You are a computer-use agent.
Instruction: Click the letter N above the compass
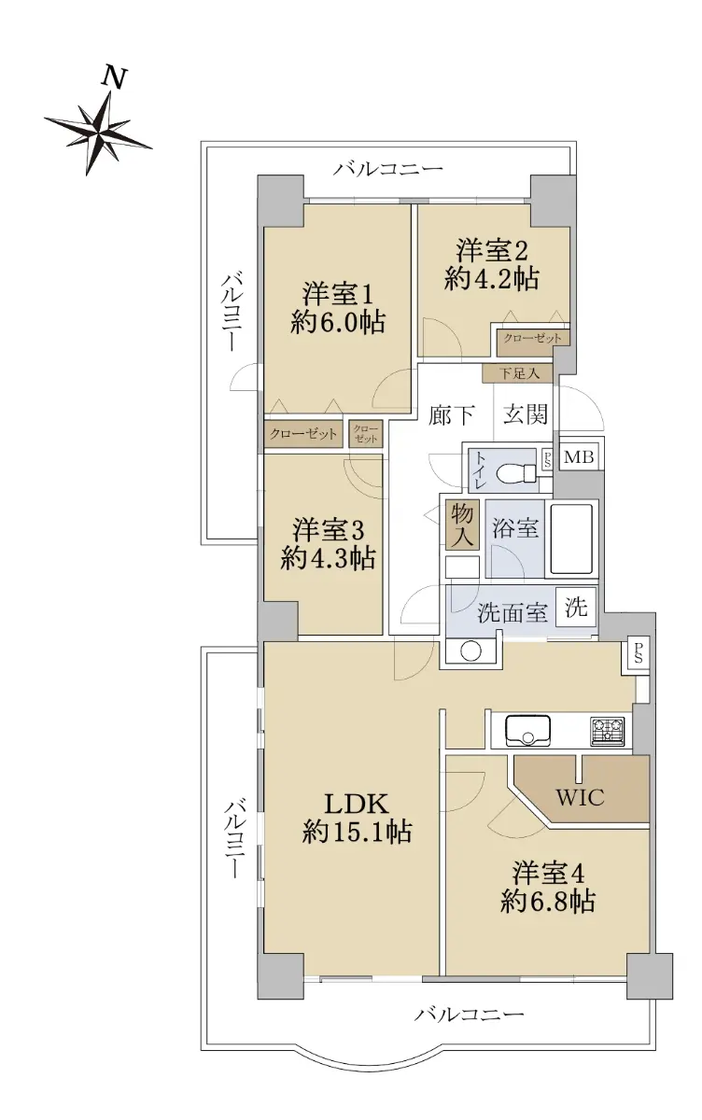(114, 78)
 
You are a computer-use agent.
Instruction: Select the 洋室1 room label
(338, 295)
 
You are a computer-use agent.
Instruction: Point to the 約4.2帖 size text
(491, 278)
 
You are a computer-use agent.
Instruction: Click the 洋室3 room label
(329, 530)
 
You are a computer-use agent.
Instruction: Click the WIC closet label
(580, 797)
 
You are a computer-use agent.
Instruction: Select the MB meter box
(579, 457)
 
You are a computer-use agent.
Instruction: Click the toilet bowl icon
(516, 471)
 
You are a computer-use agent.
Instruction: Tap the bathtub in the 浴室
(571, 539)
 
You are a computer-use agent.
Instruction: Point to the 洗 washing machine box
(576, 607)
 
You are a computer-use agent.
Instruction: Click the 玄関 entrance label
(525, 414)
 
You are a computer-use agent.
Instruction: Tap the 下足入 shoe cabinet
(518, 373)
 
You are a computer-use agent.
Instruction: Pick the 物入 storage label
(462, 525)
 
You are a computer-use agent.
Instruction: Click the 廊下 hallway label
(451, 414)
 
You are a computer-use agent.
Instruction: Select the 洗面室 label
(512, 612)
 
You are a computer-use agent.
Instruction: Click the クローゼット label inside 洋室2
(532, 339)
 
